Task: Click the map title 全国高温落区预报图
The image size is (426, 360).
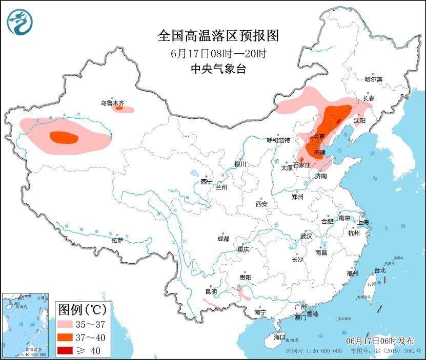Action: pos(218,36)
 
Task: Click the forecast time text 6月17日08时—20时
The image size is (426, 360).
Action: pos(218,53)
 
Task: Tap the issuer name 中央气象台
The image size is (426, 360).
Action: pos(218,69)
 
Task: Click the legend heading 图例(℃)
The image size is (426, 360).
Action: pos(82,310)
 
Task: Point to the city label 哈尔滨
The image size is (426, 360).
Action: pos(374,79)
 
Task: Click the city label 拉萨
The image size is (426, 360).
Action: pos(117,240)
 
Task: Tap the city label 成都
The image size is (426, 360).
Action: pos(223,239)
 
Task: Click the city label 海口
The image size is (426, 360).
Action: pos(279,337)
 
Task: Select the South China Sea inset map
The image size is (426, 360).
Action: pos(25,325)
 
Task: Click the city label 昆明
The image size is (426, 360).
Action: pos(211,291)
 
